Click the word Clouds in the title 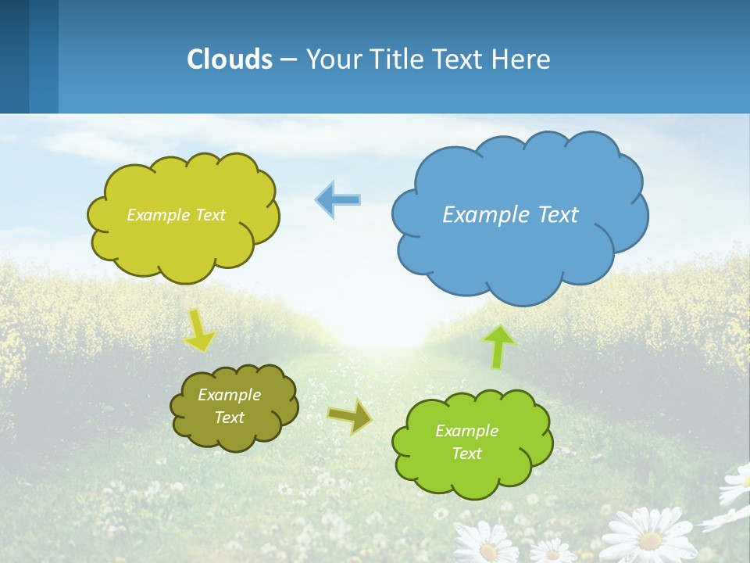point(230,59)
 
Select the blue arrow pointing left point(337,200)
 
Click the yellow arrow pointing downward point(199,330)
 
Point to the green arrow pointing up point(498,347)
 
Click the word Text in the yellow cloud point(209,215)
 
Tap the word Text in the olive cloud point(229,418)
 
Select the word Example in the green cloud point(466,431)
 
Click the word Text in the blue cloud point(555,214)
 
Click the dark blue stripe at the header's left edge point(14,56)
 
